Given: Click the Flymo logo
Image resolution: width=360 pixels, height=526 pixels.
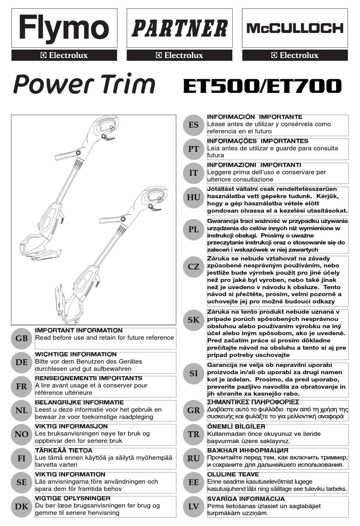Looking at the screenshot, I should click(64, 28).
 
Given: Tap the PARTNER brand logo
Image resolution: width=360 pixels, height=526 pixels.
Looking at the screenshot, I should click(179, 28).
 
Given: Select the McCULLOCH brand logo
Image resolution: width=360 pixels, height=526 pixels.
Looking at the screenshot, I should click(295, 28).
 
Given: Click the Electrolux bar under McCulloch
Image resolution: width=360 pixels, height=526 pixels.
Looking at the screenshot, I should click(295, 55).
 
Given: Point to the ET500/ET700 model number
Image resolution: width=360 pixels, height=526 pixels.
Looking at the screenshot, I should click(262, 86).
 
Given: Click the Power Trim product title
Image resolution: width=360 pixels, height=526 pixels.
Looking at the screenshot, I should click(84, 84).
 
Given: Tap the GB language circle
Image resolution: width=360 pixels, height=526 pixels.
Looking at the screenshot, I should click(22, 338).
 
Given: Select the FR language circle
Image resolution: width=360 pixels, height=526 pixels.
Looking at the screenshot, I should click(22, 386).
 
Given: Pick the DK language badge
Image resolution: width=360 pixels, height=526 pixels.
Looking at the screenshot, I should click(22, 506).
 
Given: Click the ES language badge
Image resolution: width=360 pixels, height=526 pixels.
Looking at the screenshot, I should click(193, 125).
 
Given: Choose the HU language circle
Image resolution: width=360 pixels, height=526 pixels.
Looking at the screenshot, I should click(193, 197).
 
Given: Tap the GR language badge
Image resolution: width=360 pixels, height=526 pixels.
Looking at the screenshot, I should click(193, 410).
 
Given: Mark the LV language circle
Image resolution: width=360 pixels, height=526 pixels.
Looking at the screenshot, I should click(193, 506).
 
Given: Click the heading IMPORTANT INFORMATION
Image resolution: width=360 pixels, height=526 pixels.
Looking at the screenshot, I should click(79, 330).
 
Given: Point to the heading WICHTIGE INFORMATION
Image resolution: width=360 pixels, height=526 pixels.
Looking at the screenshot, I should click(76, 354).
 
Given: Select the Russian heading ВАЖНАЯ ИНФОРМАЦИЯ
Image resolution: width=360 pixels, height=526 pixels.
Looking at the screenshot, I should click(248, 451).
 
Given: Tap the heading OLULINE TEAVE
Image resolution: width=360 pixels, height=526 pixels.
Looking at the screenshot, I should click(233, 474).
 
